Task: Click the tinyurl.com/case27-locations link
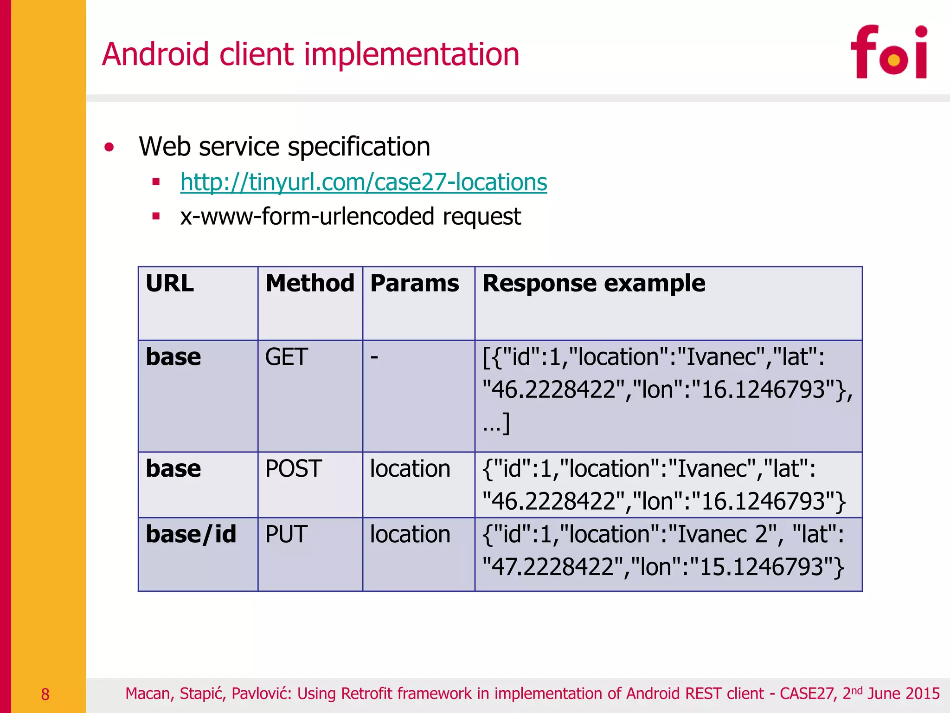coord(364,182)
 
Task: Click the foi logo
coord(889,52)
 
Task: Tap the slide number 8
coord(45,694)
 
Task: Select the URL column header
coord(170,283)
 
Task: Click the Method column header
coord(309,283)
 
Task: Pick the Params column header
coord(414,283)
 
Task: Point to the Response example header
coord(594,283)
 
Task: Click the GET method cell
coord(286,357)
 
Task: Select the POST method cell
coord(293,468)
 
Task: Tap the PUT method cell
coord(286,534)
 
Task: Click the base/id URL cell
coord(191,534)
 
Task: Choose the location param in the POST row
coord(410,468)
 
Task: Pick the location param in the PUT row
coord(410,534)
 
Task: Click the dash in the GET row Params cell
coord(374,357)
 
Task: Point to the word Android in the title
coord(155,54)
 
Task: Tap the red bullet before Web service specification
coord(109,148)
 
